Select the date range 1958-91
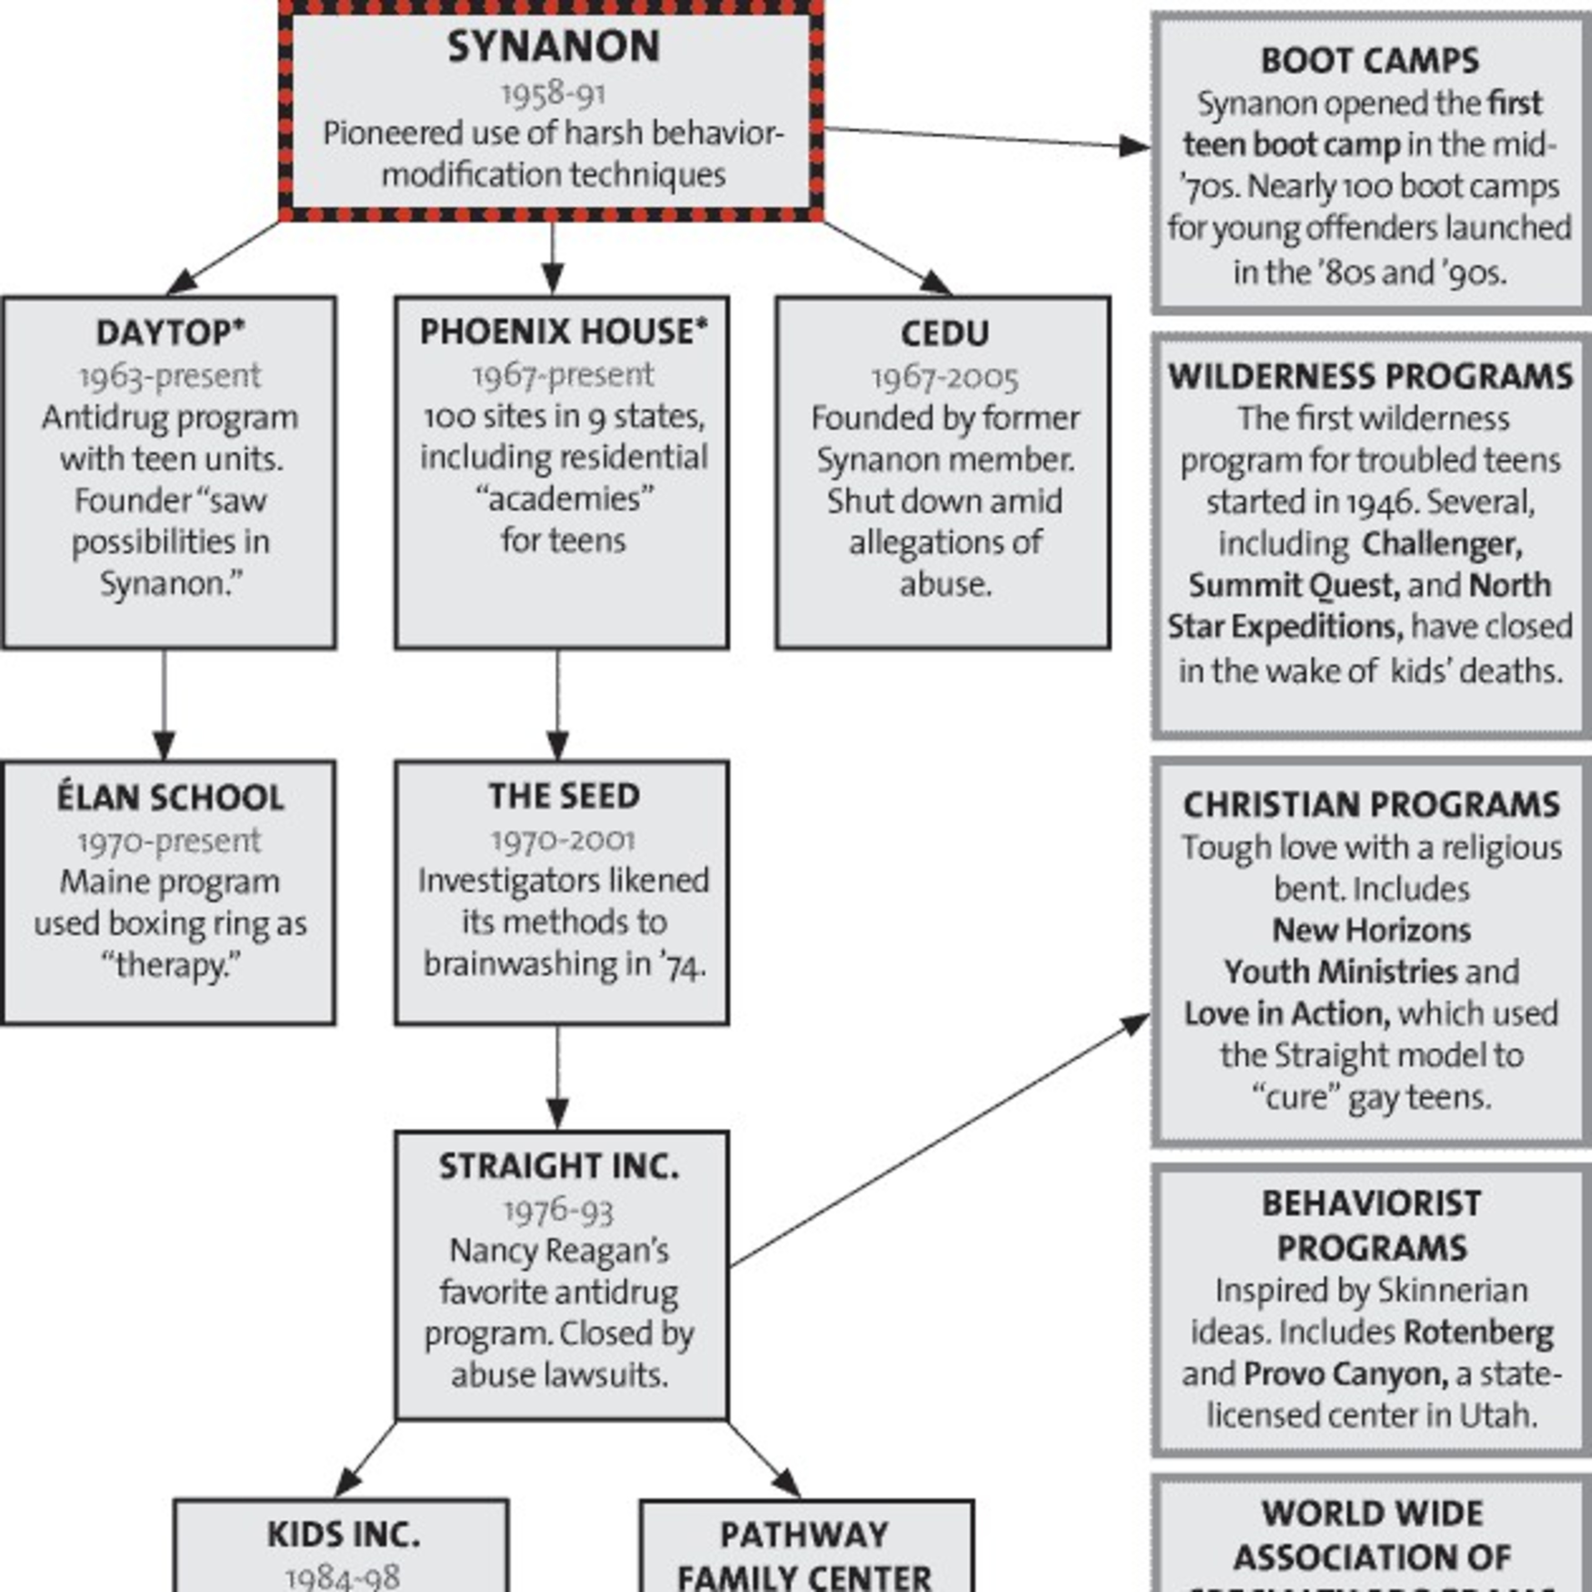(x=553, y=93)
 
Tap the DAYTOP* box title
(x=170, y=333)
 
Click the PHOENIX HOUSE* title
(x=564, y=332)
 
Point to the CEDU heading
(x=945, y=334)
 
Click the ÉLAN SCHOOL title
(x=170, y=798)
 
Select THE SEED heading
(x=564, y=796)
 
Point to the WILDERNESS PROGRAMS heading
(x=1370, y=377)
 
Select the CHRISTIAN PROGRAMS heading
(x=1371, y=805)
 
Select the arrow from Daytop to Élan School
(x=164, y=705)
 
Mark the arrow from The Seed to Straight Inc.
(x=558, y=1077)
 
